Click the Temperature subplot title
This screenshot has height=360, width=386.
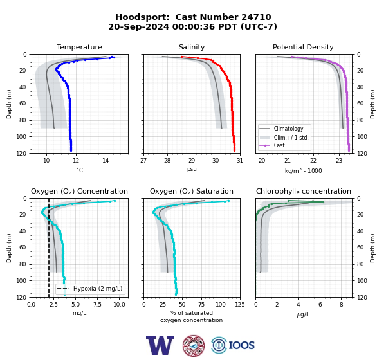[x=79, y=47]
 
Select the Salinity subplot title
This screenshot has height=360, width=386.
[x=192, y=47]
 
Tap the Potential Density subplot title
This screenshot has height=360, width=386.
[x=303, y=47]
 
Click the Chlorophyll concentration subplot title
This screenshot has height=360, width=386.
[x=304, y=191]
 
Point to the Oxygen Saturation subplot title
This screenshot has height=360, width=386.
[x=192, y=191]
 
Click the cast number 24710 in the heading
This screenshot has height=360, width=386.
[x=256, y=17]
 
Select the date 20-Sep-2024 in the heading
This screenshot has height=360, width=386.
[x=138, y=26]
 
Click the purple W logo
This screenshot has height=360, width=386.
[x=160, y=345]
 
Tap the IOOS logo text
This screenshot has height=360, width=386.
[x=241, y=345]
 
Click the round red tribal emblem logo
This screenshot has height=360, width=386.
[x=194, y=345]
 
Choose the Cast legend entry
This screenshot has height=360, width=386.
[x=271, y=145]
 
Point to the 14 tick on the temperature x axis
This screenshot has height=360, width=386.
[x=106, y=161]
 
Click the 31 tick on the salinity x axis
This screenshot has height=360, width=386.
[x=240, y=161]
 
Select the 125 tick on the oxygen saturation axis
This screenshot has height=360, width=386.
[x=240, y=305]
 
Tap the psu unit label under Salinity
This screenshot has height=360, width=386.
[x=192, y=169]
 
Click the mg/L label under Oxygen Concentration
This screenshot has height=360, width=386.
[x=79, y=313]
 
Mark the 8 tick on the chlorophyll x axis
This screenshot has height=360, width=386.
[x=342, y=305]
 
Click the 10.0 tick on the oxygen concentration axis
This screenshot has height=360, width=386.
[x=119, y=305]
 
